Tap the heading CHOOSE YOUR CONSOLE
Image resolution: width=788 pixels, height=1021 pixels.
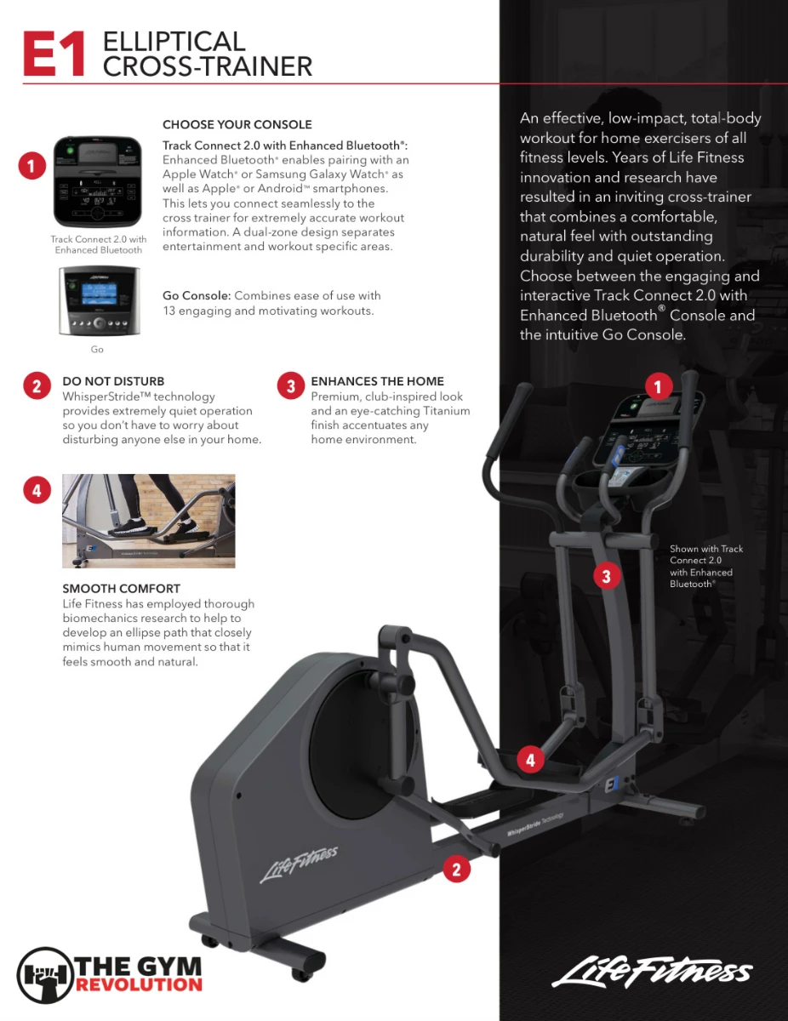(237, 124)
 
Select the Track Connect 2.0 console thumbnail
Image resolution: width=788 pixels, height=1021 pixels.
(98, 182)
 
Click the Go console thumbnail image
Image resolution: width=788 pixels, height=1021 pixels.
(100, 300)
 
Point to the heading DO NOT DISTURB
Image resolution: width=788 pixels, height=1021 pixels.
(113, 381)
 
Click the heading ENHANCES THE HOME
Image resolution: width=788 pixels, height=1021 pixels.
(377, 381)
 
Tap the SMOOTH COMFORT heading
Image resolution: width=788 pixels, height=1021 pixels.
(121, 588)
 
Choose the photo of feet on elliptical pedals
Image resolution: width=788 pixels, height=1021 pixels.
(148, 521)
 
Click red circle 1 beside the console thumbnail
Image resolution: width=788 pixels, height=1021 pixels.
(32, 166)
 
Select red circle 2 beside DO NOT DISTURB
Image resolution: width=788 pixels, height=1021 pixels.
(37, 386)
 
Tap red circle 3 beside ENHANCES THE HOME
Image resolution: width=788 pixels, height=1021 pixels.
(291, 386)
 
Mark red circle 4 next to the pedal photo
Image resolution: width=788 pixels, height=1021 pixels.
(37, 491)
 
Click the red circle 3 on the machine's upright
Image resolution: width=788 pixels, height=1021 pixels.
(606, 576)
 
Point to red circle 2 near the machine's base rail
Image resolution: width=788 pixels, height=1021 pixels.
(456, 870)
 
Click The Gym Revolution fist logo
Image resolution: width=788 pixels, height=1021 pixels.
(46, 975)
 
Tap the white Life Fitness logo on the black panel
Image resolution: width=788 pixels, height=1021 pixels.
(652, 971)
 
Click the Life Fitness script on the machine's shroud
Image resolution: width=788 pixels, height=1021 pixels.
(299, 864)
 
